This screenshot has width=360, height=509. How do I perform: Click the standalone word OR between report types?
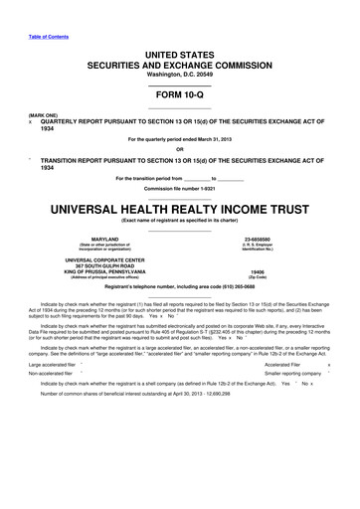180,150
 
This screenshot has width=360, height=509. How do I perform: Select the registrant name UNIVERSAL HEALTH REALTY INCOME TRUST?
180,210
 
